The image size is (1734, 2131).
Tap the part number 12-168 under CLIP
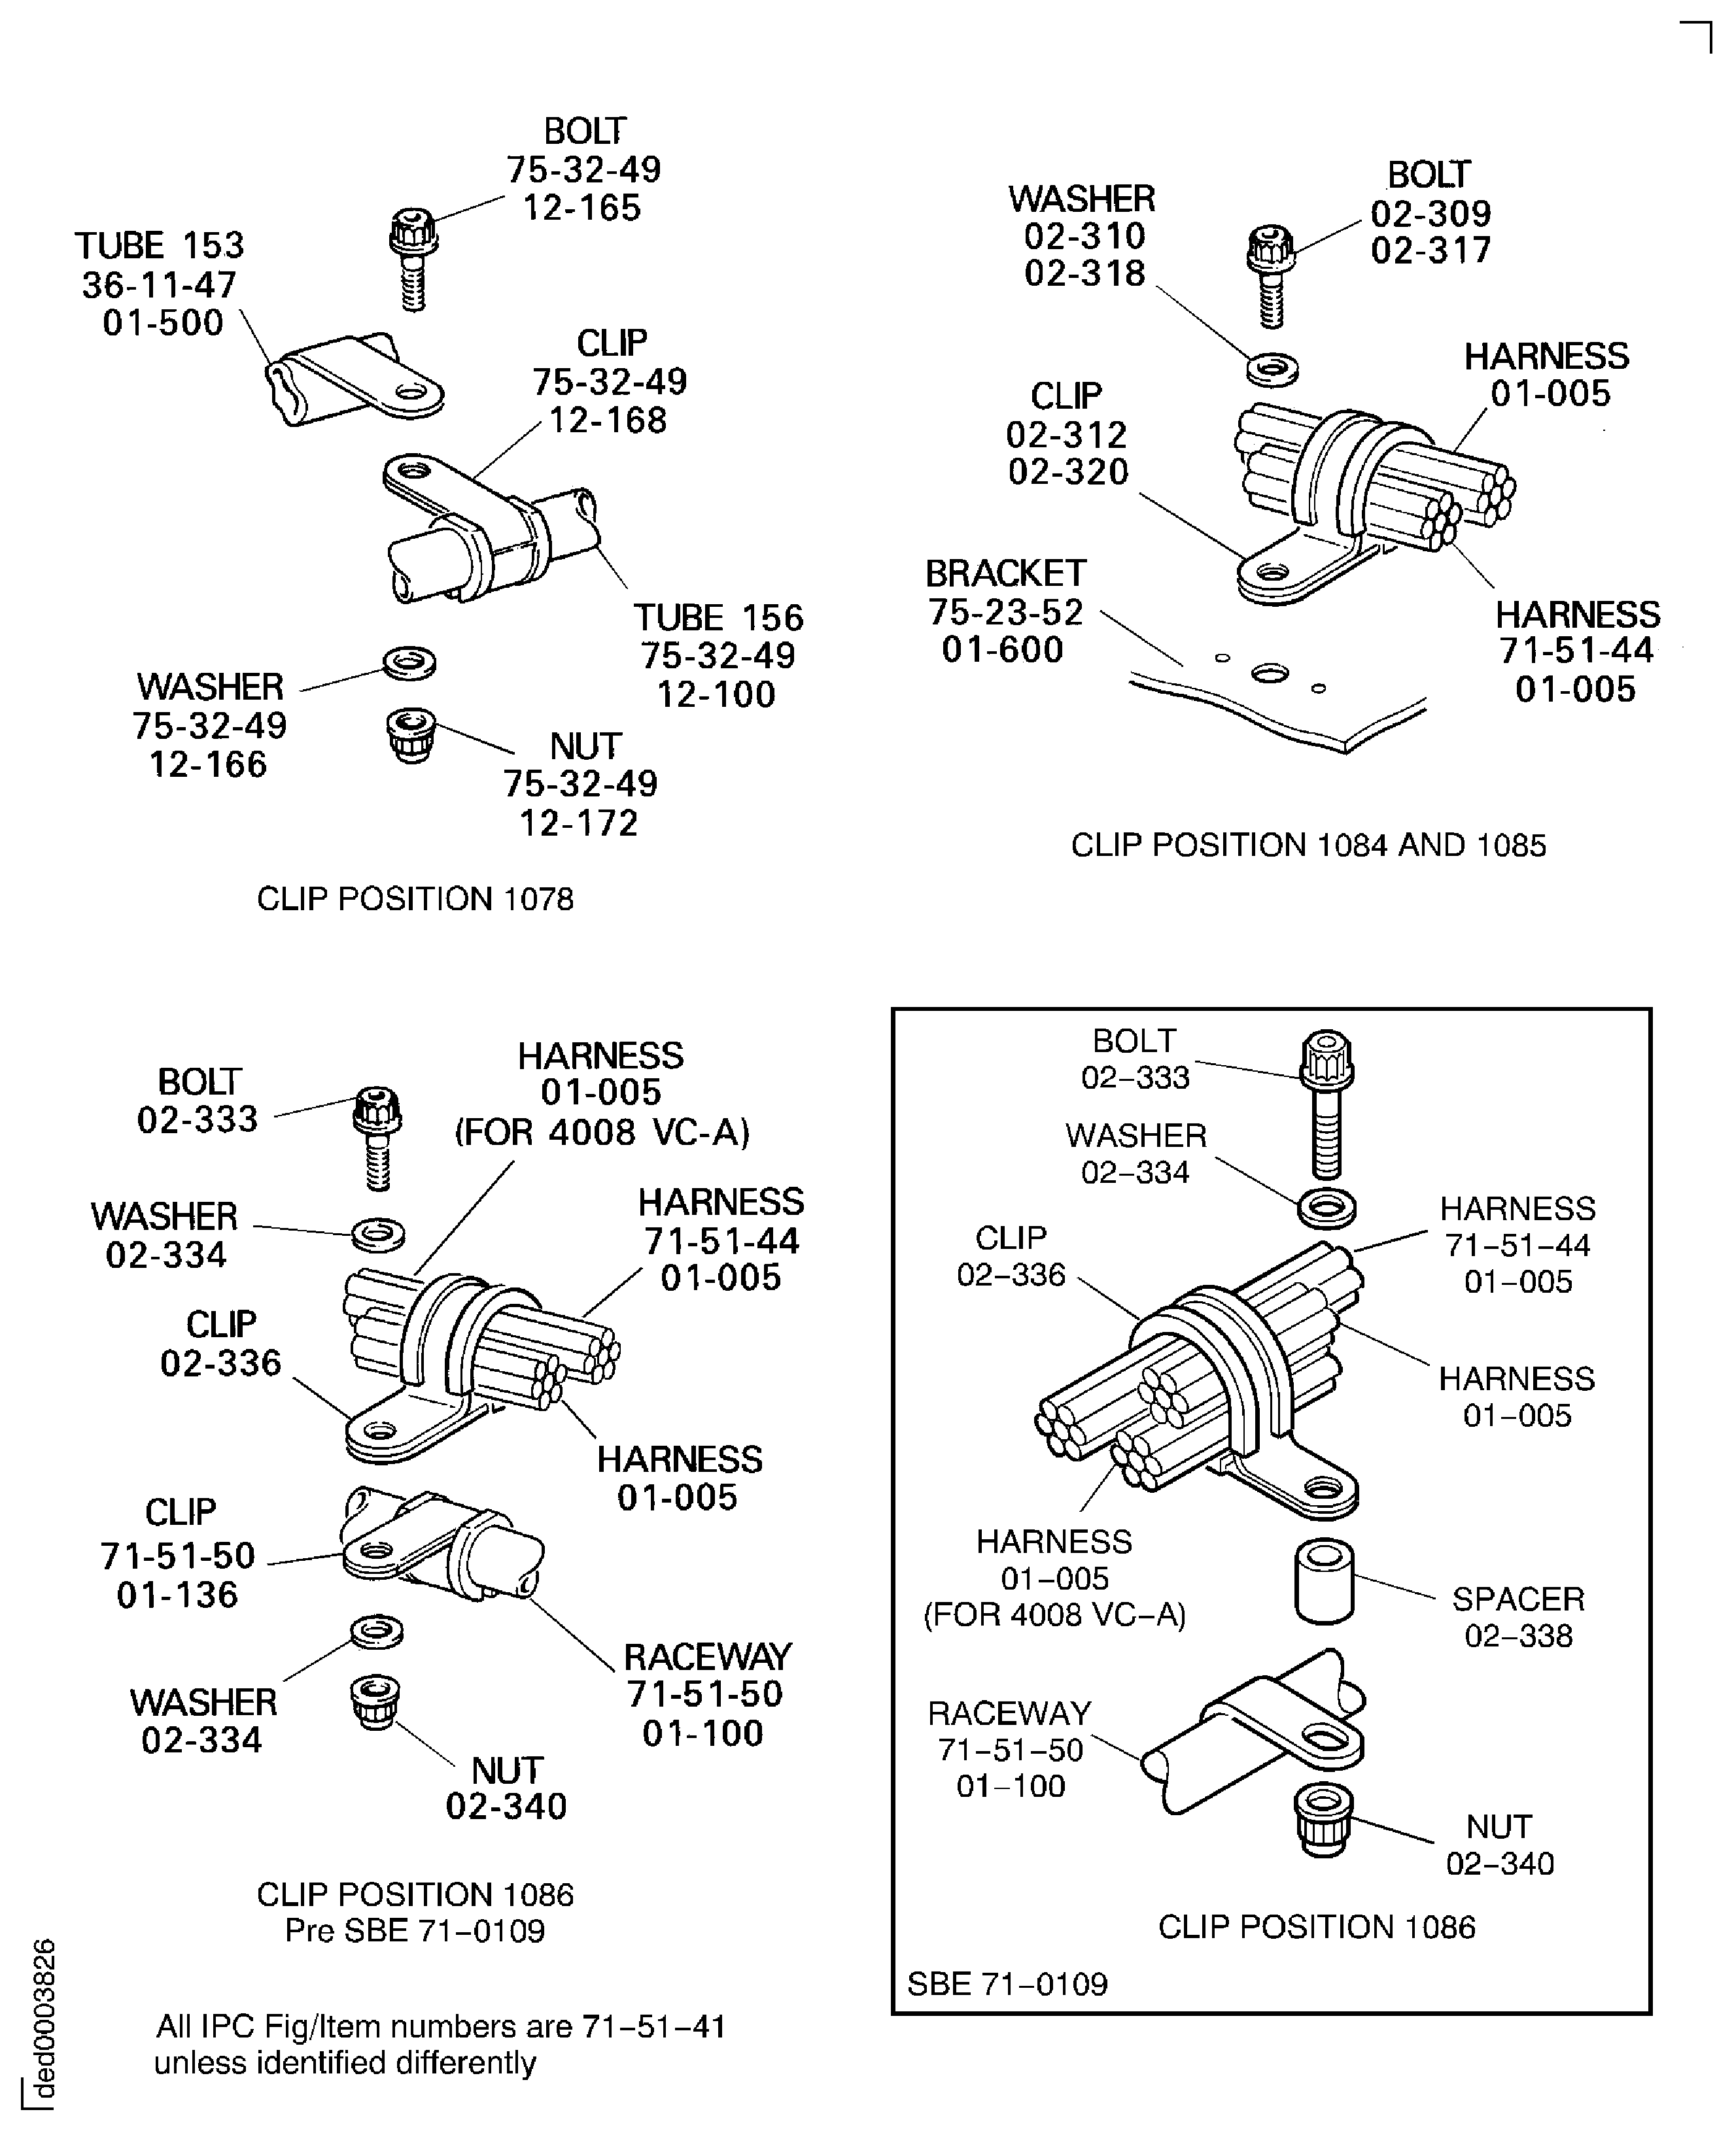607,420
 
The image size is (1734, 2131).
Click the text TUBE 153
160,246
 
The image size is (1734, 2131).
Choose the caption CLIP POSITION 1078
415,898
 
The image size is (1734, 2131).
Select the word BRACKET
1005,573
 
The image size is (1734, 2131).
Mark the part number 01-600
1003,650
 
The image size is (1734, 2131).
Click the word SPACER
1517,1599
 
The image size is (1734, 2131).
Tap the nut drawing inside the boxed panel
1323,1820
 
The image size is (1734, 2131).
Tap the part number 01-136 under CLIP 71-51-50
178,1595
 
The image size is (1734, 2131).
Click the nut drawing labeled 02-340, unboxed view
375,1703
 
